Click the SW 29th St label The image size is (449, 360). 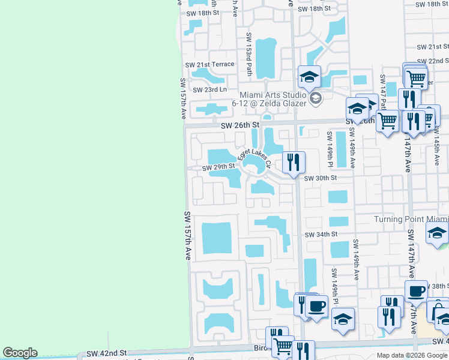(x=217, y=167)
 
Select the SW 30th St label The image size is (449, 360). (x=321, y=178)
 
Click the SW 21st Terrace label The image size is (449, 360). (x=209, y=65)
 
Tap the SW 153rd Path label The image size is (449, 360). (x=249, y=53)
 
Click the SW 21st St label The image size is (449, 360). (x=433, y=47)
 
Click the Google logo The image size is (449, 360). (x=20, y=353)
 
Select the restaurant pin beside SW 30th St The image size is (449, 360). (x=294, y=162)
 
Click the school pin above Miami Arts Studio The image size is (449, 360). (x=309, y=76)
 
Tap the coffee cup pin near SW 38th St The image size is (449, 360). (x=416, y=291)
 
